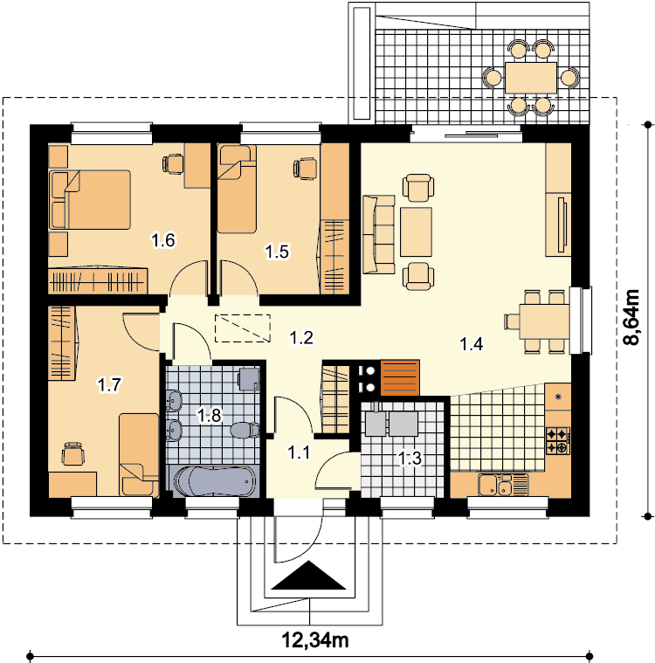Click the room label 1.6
coord(163,240)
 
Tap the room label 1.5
coord(277,252)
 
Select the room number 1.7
coord(109,385)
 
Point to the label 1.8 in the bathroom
coord(210,415)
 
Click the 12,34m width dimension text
coord(315,640)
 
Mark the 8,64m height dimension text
coord(632,317)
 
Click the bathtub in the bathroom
coord(214,481)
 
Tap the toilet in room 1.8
coord(245,431)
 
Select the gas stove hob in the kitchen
coord(558,440)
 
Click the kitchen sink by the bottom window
coord(503,485)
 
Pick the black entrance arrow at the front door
coord(308,575)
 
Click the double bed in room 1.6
coord(90,199)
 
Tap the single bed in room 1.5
coord(237,189)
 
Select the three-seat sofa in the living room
coord(378,234)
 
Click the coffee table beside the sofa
coord(416,231)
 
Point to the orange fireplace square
coord(400,377)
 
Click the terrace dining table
coord(531,78)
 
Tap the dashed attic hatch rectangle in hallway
coord(243,328)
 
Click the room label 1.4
coord(471,344)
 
